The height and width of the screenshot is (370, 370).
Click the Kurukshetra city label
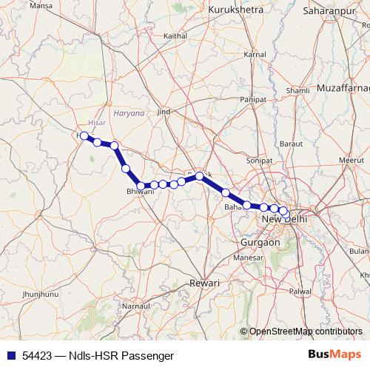(x=237, y=9)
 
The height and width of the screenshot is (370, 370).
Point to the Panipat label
(x=252, y=98)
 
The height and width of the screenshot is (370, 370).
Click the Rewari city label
(x=205, y=283)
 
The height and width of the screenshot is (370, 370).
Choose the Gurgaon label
(x=260, y=242)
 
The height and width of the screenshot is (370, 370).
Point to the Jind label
(x=164, y=112)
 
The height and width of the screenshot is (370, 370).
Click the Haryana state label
(x=130, y=113)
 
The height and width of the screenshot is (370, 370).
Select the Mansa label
(x=19, y=5)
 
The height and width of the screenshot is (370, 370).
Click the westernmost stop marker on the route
(x=84, y=135)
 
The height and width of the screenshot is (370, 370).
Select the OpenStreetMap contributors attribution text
(x=306, y=332)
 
